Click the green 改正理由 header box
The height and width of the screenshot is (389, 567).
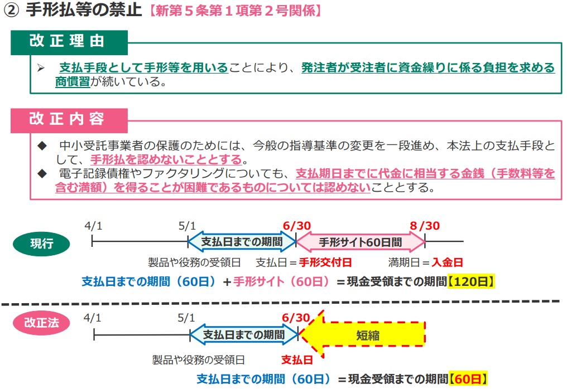pyautogui.click(x=69, y=42)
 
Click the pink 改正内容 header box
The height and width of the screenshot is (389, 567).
pyautogui.click(x=69, y=120)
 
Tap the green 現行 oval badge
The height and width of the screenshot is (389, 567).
pyautogui.click(x=41, y=244)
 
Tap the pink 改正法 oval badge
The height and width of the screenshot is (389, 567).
pyautogui.click(x=41, y=323)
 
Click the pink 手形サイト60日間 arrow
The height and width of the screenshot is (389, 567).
pyautogui.click(x=361, y=242)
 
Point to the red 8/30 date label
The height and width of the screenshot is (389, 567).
pyautogui.click(x=425, y=226)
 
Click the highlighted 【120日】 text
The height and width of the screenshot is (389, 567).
pyautogui.click(x=471, y=281)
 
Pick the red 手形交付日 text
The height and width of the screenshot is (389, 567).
pyautogui.click(x=325, y=262)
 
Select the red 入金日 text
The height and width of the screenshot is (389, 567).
pyautogui.click(x=448, y=262)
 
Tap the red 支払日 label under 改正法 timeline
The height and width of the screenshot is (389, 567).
pyautogui.click(x=297, y=360)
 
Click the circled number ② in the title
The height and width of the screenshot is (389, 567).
pyautogui.click(x=11, y=11)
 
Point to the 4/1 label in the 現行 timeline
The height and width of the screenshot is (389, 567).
pyautogui.click(x=93, y=226)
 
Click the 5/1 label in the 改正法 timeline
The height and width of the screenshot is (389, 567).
pyautogui.click(x=186, y=318)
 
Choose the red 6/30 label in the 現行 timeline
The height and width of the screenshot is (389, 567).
pyautogui.click(x=296, y=226)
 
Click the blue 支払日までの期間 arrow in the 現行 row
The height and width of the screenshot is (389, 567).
pyautogui.click(x=242, y=242)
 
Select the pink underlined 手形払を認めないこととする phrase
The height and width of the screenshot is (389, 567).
pyautogui.click(x=166, y=159)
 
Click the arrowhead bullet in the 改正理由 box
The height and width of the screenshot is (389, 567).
pyautogui.click(x=41, y=68)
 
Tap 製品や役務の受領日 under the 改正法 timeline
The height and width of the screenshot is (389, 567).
pyautogui.click(x=199, y=360)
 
